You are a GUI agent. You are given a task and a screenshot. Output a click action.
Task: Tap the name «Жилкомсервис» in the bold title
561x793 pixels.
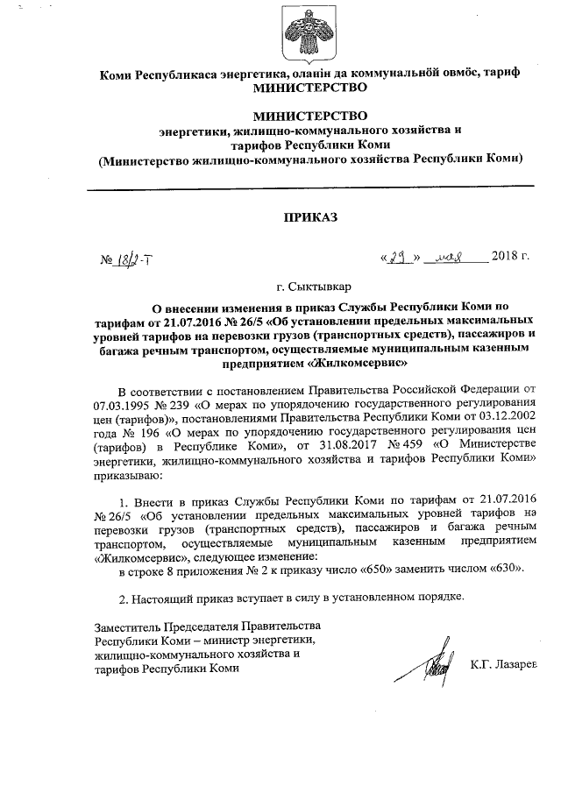pos(353,362)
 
